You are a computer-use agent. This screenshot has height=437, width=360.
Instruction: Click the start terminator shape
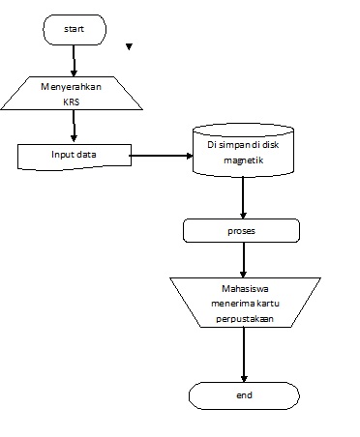tap(74, 30)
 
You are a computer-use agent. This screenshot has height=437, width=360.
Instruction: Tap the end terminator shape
tap(243, 396)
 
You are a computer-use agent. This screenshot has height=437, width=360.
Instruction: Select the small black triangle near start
tap(129, 46)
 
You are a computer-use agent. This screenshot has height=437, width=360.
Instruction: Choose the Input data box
tap(74, 155)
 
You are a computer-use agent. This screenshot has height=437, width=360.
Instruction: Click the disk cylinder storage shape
tap(242, 152)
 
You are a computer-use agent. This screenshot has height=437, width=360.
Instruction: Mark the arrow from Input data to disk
tap(160, 154)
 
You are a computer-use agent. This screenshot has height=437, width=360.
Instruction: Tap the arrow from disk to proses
tap(243, 198)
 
